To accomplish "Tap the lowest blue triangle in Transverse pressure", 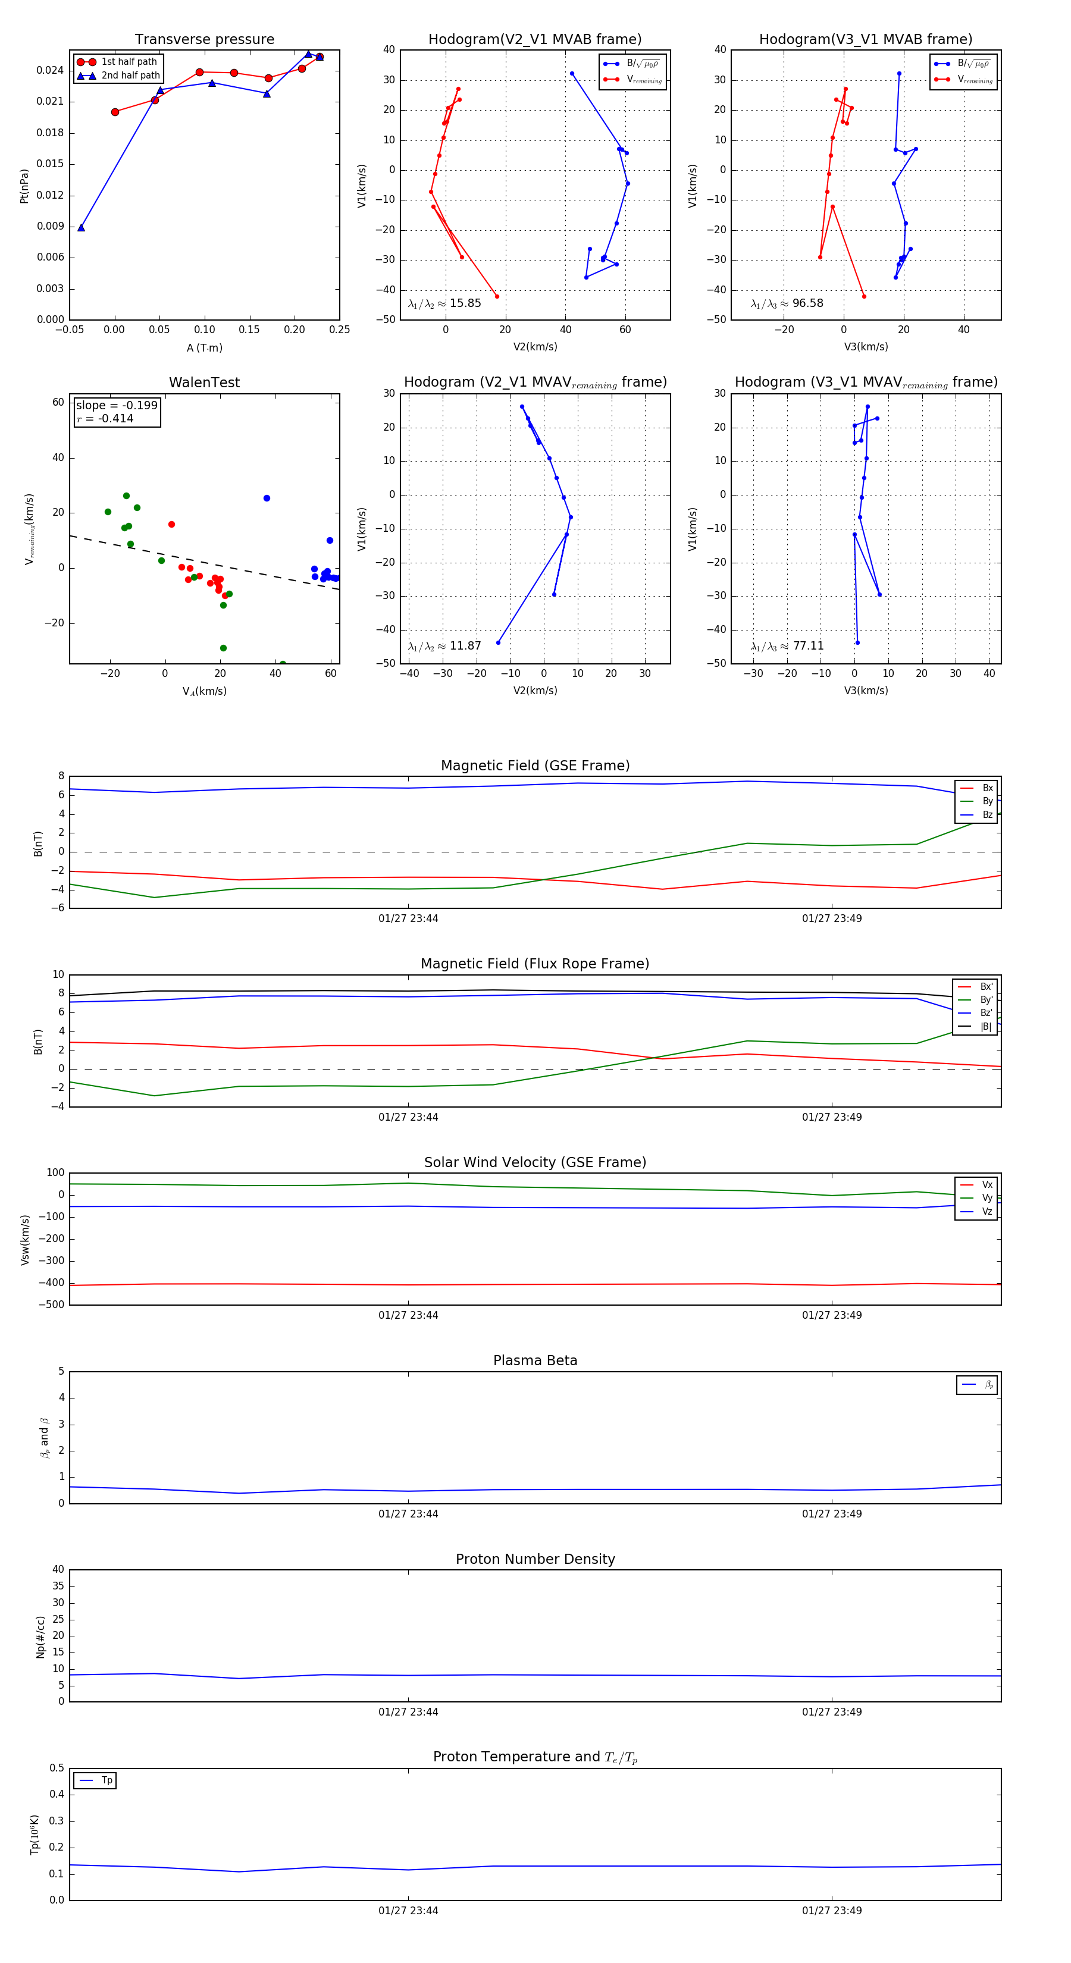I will click(x=82, y=228).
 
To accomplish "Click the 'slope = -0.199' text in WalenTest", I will click(x=117, y=406).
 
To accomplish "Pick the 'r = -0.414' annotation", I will click(x=105, y=418).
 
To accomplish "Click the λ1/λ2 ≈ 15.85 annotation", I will click(x=444, y=303).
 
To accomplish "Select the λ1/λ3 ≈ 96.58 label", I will click(x=787, y=303).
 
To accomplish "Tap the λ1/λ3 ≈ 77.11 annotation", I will click(x=787, y=646).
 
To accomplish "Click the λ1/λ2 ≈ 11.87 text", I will click(x=444, y=646).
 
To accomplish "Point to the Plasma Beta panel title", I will click(x=535, y=1360).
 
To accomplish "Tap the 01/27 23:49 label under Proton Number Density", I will click(x=832, y=1711).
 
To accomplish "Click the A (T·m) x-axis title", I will click(x=204, y=348).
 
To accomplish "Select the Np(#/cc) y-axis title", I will click(x=40, y=1636).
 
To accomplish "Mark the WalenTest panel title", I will click(x=204, y=382).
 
